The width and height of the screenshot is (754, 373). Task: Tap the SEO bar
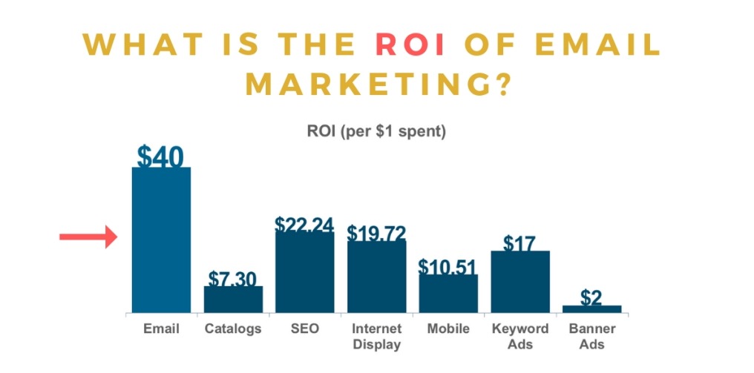(x=304, y=272)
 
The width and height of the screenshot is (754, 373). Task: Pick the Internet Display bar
(x=376, y=276)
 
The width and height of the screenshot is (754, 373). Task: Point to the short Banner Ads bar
(x=591, y=308)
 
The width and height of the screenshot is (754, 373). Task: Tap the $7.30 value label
(x=232, y=279)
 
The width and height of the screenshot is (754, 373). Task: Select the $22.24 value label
(x=304, y=225)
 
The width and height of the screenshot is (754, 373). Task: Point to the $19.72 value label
(x=376, y=233)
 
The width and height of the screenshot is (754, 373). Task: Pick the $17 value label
(x=519, y=242)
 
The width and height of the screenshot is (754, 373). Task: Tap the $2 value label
(x=591, y=297)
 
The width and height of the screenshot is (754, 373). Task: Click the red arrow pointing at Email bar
(x=88, y=237)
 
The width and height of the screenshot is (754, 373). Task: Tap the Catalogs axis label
(x=233, y=329)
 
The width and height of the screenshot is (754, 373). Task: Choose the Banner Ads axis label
(x=591, y=336)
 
